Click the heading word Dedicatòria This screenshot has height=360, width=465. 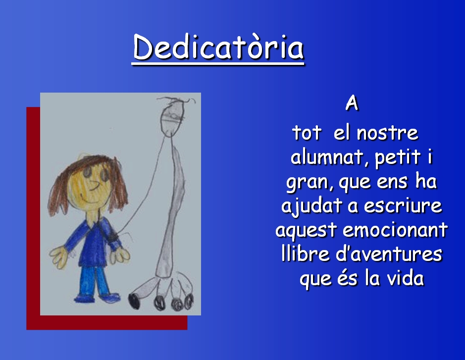[x=218, y=47]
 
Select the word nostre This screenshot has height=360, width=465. [x=387, y=133]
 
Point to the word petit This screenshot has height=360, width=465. [x=397, y=157]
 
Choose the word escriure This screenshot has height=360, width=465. [x=403, y=205]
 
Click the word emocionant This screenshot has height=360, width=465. [x=395, y=230]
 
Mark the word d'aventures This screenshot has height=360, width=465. [x=389, y=254]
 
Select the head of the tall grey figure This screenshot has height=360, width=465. [x=173, y=116]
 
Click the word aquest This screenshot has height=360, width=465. [x=307, y=230]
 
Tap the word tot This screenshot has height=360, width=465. [x=307, y=133]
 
